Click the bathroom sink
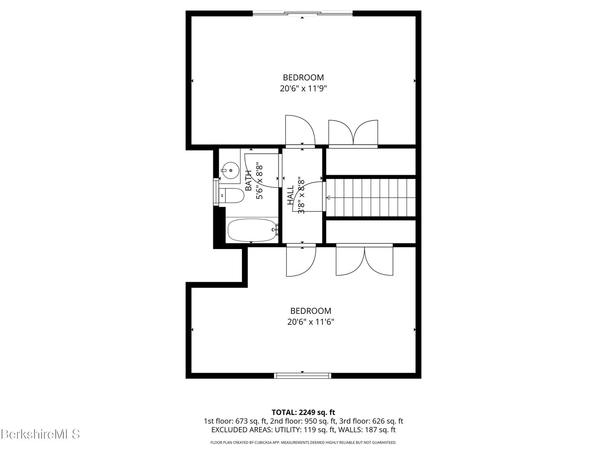click(230, 170)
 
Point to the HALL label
click(290, 195)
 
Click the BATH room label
click(249, 181)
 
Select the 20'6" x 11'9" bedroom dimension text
click(303, 88)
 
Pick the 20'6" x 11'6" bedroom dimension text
click(311, 322)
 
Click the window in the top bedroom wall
click(303, 13)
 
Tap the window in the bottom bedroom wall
click(303, 375)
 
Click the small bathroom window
click(216, 192)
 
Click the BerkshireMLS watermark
click(40, 434)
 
